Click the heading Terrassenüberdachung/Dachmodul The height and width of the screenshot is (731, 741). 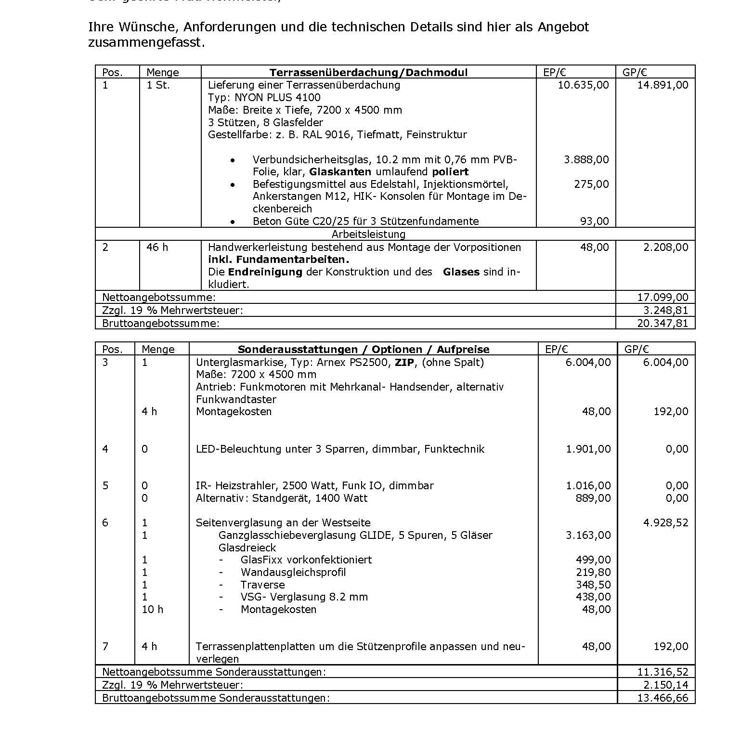point(368,72)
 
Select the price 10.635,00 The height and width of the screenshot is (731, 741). point(583,85)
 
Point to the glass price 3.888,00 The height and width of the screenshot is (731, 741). point(586,159)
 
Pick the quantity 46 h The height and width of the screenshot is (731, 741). point(157,248)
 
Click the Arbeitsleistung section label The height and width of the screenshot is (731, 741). point(368,235)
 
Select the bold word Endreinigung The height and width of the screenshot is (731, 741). point(265,272)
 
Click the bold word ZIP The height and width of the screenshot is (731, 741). point(404,363)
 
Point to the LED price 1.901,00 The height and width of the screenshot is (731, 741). point(588,449)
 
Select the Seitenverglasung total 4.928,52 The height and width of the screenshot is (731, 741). point(666,523)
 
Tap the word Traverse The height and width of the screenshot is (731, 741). point(262,585)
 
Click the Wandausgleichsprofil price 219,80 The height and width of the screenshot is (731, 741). point(593,573)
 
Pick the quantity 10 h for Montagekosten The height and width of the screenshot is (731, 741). point(153,610)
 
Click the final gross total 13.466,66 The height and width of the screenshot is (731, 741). point(663,698)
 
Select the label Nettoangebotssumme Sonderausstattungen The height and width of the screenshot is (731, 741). point(214,672)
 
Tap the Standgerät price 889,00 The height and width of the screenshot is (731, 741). point(593,498)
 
